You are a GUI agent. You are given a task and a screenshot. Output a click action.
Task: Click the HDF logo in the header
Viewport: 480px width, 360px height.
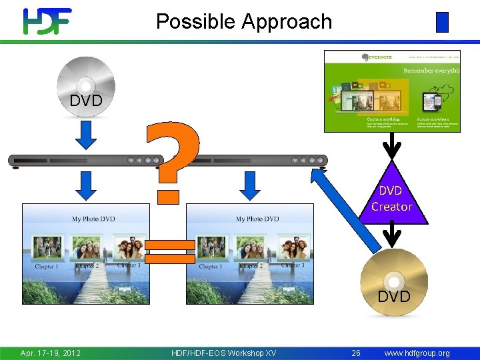tap(47, 21)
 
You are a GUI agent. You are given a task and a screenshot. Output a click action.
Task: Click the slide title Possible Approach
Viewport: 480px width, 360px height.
tap(244, 21)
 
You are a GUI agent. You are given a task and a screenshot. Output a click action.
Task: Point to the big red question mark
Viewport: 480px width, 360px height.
tap(172, 157)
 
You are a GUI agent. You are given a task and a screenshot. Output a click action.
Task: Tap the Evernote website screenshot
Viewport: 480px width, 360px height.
tap(392, 91)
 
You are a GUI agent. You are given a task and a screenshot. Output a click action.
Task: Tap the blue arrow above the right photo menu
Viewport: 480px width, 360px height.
tap(249, 185)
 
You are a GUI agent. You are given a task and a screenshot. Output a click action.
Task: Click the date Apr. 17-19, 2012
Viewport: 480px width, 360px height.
tap(51, 353)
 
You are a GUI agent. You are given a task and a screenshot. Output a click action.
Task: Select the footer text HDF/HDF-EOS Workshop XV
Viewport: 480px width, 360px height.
tap(223, 353)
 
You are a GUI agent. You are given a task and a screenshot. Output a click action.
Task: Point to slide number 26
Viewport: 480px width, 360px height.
tap(356, 353)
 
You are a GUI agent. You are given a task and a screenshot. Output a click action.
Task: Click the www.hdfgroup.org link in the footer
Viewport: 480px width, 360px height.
tap(417, 353)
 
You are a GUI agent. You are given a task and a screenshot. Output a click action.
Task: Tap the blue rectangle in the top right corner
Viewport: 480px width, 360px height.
tap(442, 23)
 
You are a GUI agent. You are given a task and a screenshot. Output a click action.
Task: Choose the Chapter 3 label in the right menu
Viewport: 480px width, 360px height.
tap(293, 265)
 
